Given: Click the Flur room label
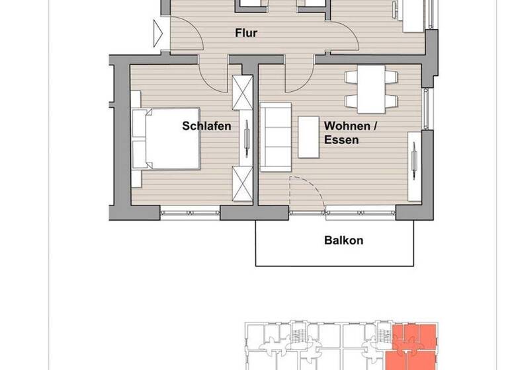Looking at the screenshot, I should [245, 32].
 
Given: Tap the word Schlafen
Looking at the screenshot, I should [206, 125].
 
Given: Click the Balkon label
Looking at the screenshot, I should [343, 240].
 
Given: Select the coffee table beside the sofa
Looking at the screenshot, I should [309, 137].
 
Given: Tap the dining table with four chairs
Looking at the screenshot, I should [371, 89].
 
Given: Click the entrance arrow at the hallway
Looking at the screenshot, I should [158, 32].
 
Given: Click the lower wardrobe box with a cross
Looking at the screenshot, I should [242, 184].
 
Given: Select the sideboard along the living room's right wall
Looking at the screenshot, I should [414, 165].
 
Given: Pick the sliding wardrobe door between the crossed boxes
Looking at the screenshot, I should [246, 137].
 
